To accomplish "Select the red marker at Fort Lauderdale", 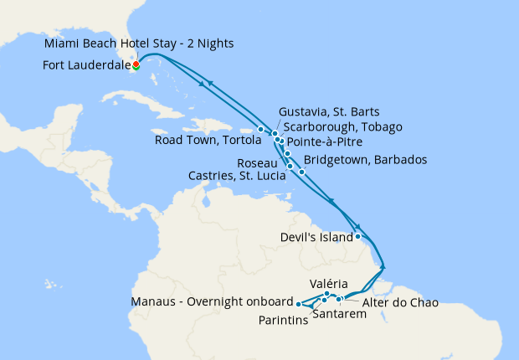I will (135, 64).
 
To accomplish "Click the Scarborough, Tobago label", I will (343, 126).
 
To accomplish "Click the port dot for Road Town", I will (261, 129).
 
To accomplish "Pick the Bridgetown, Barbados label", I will (366, 159).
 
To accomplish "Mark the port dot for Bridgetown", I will (301, 172).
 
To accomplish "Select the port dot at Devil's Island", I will (358, 236).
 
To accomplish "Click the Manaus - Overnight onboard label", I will (212, 301).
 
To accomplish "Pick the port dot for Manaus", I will (299, 304).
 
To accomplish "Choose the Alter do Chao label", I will (401, 301).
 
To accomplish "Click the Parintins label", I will (281, 319).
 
